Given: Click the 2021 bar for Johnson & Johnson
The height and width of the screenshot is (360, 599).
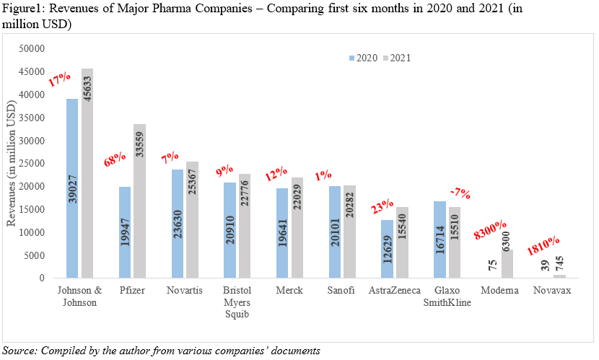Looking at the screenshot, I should (87, 173).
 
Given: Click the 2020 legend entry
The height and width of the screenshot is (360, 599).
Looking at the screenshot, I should (362, 58).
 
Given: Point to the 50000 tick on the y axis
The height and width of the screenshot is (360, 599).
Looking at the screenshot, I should (31, 48).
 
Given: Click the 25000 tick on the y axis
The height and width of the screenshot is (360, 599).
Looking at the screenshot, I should (31, 163).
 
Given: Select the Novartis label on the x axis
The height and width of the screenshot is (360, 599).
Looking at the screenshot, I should (184, 290).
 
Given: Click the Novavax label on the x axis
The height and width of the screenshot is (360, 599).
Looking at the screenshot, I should (551, 290).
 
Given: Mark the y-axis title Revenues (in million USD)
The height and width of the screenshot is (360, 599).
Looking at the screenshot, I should (12, 163).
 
